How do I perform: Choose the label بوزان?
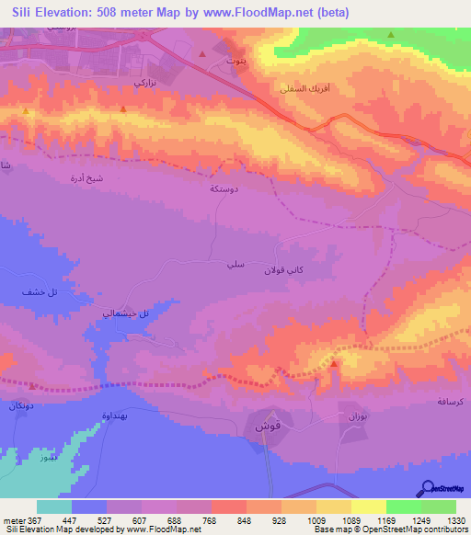[358, 417]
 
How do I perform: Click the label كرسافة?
[449, 403]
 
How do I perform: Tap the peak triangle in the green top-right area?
[391, 35]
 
